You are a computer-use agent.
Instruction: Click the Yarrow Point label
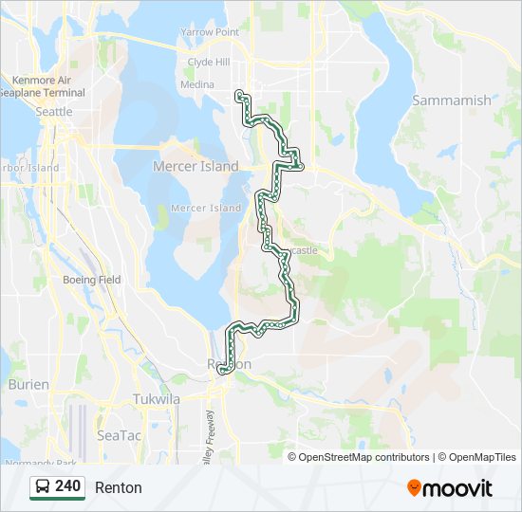(210, 31)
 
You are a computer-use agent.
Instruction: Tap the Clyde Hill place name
(209, 62)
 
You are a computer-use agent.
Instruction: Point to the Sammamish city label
(452, 100)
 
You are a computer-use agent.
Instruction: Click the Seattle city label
(53, 112)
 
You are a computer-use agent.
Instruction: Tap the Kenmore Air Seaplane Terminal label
(47, 87)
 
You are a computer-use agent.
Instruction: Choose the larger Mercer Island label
(196, 166)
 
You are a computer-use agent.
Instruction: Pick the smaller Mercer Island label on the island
(206, 208)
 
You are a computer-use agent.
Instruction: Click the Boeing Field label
(91, 280)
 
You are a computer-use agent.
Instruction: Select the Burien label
(28, 384)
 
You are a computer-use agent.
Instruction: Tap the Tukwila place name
(157, 399)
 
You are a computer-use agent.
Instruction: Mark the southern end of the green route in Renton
(222, 372)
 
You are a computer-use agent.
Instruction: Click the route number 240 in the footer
(67, 486)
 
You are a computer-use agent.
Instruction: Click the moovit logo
(450, 488)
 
